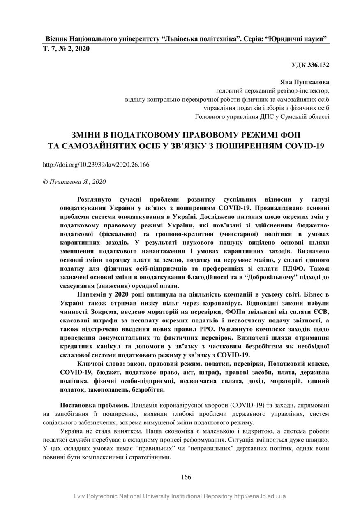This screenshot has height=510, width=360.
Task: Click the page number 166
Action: click(x=186, y=477)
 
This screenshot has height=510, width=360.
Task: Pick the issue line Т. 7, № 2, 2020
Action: click(x=66, y=49)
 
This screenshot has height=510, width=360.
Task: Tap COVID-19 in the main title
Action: click(x=303, y=146)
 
